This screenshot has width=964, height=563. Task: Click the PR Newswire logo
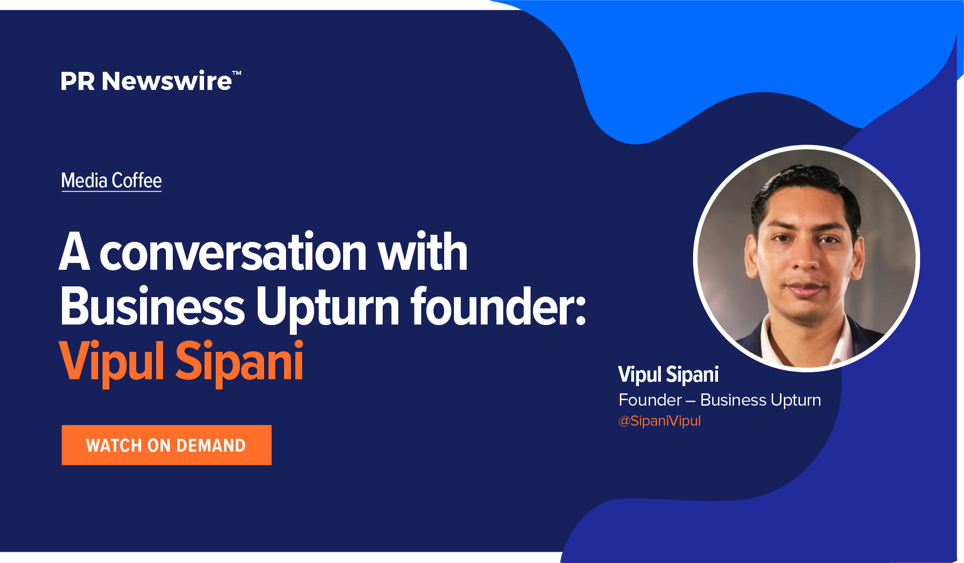click(151, 81)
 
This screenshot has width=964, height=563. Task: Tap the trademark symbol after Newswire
click(237, 73)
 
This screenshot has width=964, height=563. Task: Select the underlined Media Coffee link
click(111, 181)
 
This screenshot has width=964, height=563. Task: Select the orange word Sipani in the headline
click(240, 362)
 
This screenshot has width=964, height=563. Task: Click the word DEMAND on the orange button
click(211, 446)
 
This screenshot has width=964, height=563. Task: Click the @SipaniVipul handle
click(659, 421)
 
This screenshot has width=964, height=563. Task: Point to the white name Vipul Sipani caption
click(668, 375)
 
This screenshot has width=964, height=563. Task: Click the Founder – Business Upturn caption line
click(720, 400)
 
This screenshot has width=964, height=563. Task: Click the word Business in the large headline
click(152, 306)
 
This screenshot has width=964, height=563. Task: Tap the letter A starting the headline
click(75, 252)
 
